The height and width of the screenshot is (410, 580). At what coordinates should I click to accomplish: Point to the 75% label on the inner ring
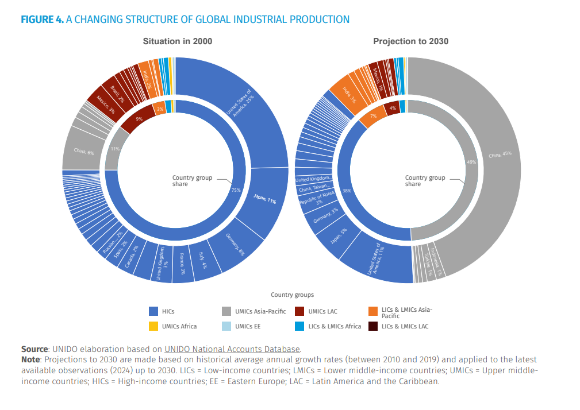coord(236,190)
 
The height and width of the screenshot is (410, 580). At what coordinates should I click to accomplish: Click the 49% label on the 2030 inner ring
coord(471,163)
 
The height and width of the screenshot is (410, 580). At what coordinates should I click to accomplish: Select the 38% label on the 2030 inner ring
coord(347,190)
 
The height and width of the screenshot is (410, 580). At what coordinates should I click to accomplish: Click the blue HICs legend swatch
coord(153,311)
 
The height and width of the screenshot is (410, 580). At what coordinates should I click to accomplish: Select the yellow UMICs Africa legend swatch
coord(153,326)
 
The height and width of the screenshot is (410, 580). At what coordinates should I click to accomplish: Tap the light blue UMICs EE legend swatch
coord(226,326)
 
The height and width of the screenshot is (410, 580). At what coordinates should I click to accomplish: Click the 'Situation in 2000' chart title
coord(177,41)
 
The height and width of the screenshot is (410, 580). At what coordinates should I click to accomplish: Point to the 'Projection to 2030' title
coord(410,41)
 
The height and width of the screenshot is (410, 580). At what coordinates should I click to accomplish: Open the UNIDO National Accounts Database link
coord(232,349)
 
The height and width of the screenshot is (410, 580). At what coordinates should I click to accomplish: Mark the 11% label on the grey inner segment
coord(115,149)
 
